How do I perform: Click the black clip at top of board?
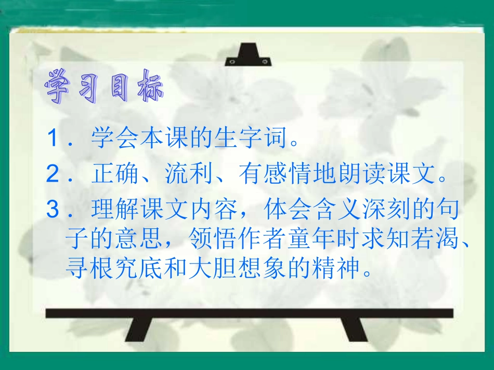point(248,56)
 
